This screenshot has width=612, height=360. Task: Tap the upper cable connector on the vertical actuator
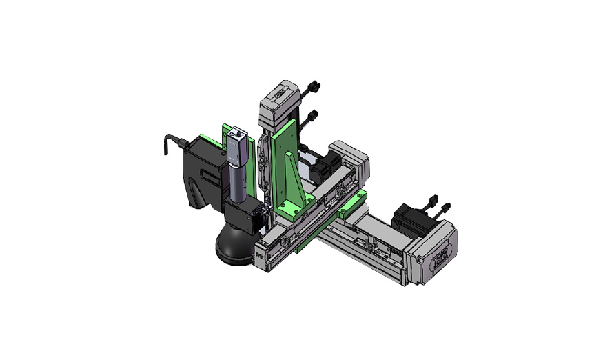tap(313, 88)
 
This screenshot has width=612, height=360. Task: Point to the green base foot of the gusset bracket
tap(295, 208)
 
